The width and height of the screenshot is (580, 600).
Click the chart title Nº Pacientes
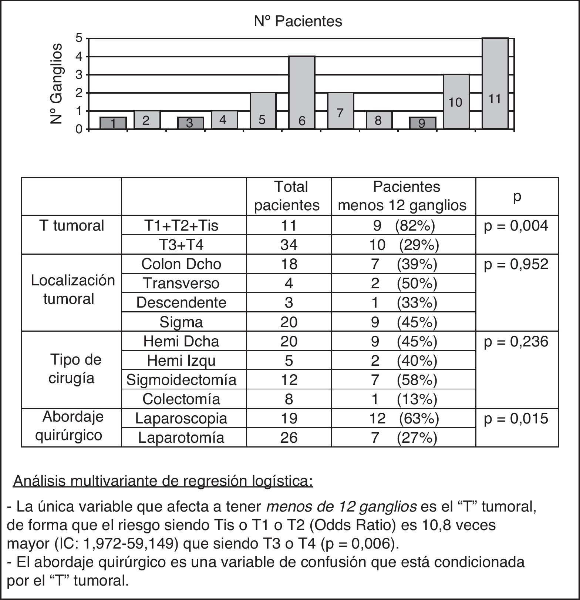point(298,21)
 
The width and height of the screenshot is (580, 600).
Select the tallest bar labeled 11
point(495,84)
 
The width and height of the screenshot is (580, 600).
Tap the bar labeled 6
point(302,93)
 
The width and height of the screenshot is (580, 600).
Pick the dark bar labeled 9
point(422,123)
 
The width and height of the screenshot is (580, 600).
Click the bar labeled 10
point(456,102)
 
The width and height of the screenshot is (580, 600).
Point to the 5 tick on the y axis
point(79,38)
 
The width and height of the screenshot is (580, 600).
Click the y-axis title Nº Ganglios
point(56,83)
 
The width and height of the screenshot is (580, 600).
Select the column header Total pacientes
point(289,196)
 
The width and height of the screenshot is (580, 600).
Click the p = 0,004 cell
point(516,225)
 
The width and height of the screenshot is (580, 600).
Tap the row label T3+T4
point(181,245)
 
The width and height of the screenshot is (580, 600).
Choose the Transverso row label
point(181,283)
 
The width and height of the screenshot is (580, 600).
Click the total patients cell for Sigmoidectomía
point(289,379)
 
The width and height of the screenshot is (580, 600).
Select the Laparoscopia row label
point(181,418)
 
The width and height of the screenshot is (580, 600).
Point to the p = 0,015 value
point(516,418)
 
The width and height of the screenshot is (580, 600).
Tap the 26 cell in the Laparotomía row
point(289,438)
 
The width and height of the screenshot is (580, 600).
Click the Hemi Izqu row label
point(181,360)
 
